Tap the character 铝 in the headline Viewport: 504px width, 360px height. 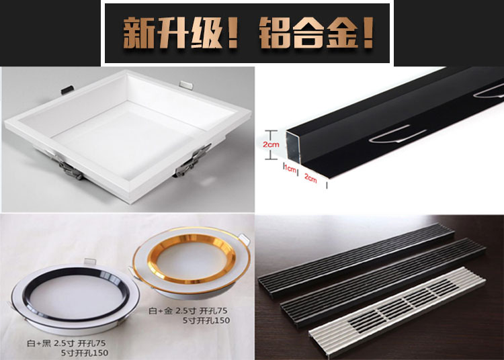pyautogui.click(x=276, y=34)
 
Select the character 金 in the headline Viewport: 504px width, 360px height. pyautogui.click(x=341, y=34)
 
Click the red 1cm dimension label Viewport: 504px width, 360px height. pyautogui.click(x=290, y=169)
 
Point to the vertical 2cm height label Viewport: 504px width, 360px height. pyautogui.click(x=271, y=144)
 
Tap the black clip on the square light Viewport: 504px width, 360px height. pyautogui.click(x=67, y=89)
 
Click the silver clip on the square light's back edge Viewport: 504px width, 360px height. pyautogui.click(x=186, y=85)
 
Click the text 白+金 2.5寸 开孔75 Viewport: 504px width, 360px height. pyautogui.click(x=188, y=311)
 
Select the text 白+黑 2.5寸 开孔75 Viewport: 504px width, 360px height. pyautogui.click(x=67, y=344)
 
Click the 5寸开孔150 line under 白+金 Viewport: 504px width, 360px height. pyautogui.click(x=206, y=320)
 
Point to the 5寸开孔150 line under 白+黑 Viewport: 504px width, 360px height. pyautogui.click(x=85, y=353)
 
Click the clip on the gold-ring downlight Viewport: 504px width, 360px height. pyautogui.click(x=244, y=238)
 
